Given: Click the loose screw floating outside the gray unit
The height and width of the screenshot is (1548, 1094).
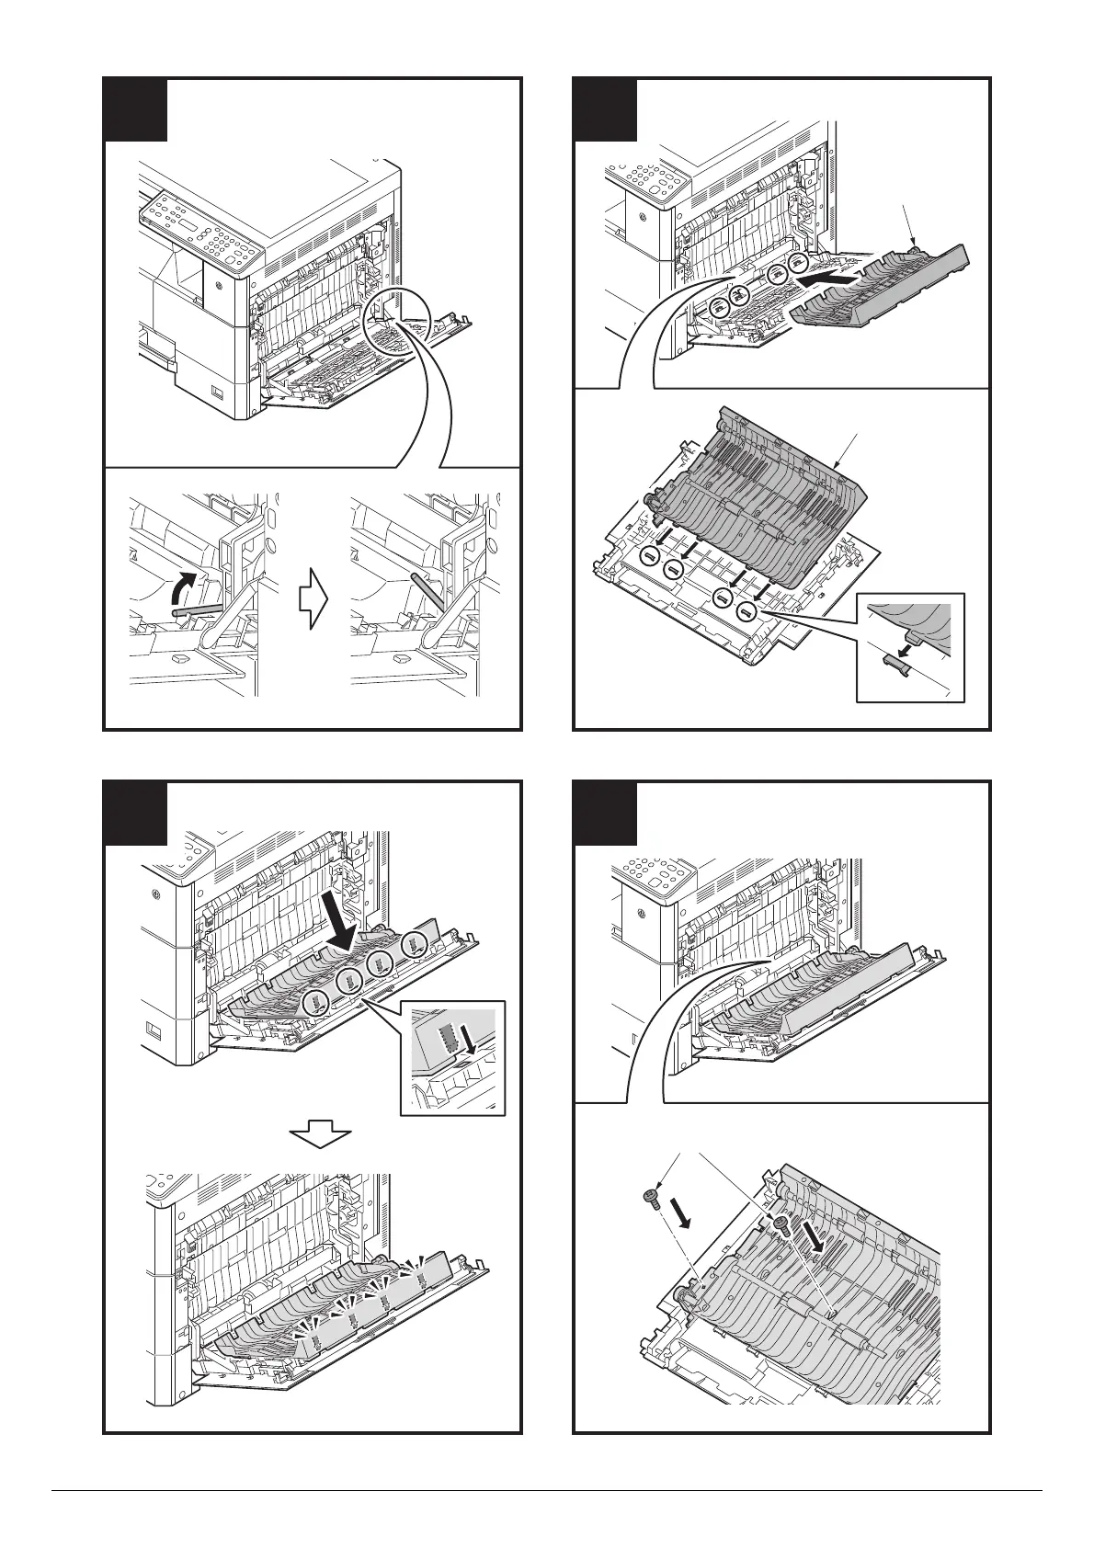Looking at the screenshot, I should [649, 1197].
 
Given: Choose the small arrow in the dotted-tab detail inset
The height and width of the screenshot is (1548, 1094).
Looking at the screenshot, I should [470, 1039].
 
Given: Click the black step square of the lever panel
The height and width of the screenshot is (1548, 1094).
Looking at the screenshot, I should [135, 110].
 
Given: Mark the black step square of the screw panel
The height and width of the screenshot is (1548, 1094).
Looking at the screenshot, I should [605, 814].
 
